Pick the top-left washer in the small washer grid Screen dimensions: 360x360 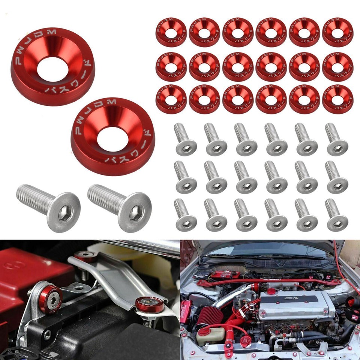[171, 32]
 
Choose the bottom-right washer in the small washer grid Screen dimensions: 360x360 [337, 99]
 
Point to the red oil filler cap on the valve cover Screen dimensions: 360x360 [271, 291]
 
